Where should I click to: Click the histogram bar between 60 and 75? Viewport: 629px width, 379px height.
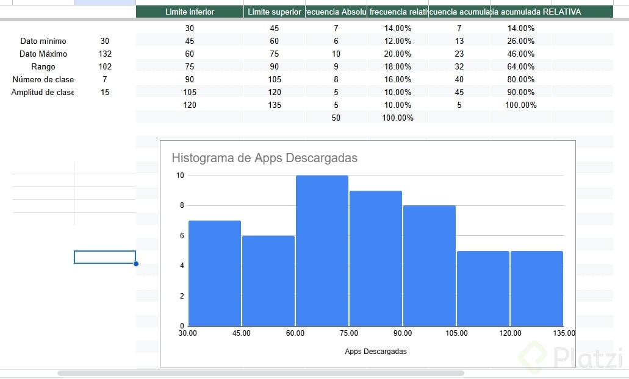322,250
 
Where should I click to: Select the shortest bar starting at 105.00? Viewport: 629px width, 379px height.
483,288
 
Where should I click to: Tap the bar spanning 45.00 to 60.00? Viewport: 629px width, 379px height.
268,280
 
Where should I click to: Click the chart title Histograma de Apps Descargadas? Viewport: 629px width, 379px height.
264,158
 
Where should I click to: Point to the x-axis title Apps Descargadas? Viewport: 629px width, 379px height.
375,352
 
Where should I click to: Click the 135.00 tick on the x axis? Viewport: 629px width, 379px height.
563,333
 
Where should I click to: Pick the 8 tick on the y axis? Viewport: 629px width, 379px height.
181,205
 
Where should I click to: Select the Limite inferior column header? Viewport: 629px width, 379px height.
190,12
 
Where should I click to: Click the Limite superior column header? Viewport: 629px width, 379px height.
275,12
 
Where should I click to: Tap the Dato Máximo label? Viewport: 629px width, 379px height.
43,54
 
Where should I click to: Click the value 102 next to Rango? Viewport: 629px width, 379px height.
105,67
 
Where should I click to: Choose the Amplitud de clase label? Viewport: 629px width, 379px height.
43,93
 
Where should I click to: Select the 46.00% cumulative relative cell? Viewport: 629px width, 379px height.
521,54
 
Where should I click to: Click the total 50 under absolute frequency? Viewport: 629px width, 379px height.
336,118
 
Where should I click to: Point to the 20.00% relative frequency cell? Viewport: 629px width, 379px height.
397,54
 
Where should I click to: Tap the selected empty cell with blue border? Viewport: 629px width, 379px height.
105,257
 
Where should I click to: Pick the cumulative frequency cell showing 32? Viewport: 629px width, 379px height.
459,67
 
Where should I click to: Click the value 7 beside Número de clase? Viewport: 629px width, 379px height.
105,80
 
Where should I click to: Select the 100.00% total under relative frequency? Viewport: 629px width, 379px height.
397,118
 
